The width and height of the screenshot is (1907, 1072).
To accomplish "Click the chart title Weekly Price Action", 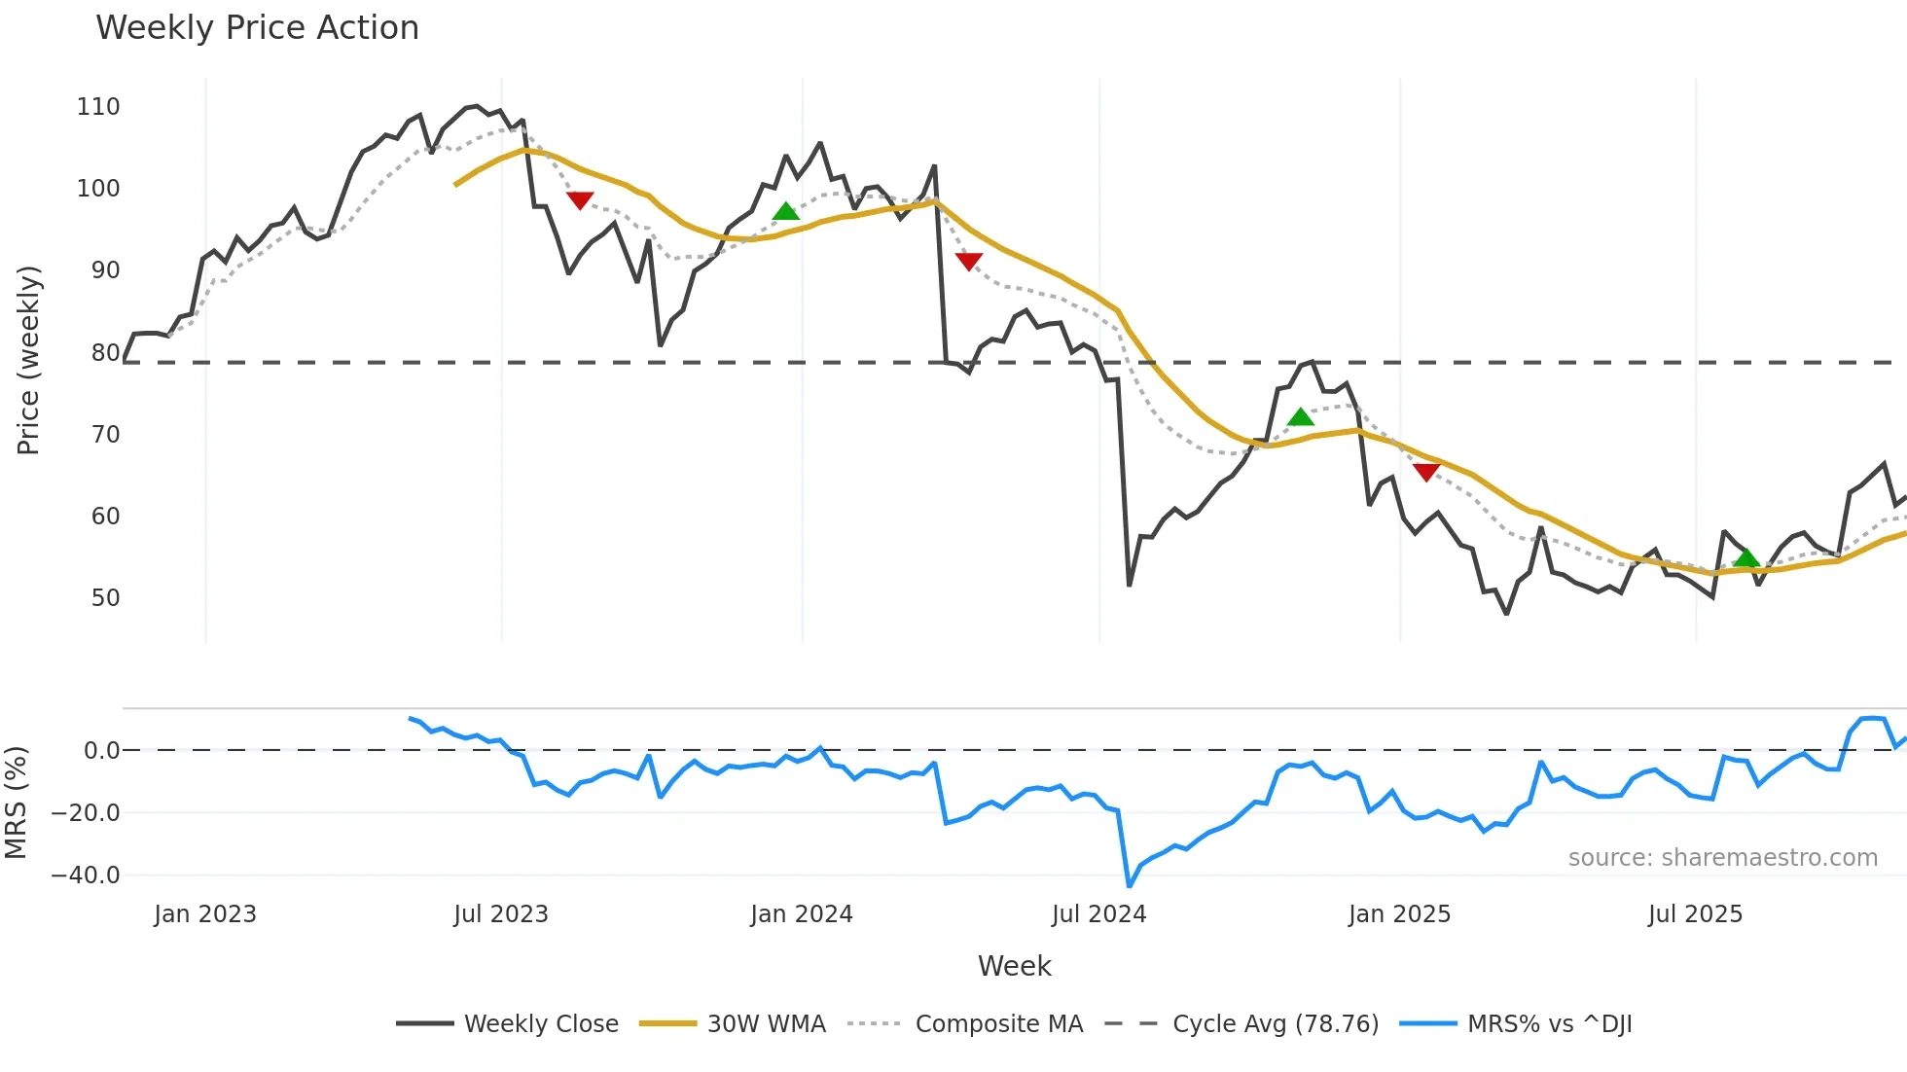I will pos(257,28).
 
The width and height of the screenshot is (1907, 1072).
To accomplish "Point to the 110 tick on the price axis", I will pos(98,107).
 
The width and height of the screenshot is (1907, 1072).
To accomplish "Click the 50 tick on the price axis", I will pos(105,598).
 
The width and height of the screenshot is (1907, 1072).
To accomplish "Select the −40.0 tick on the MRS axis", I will pos(86,875).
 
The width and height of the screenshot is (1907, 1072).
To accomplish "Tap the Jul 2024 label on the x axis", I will pos(1098,914).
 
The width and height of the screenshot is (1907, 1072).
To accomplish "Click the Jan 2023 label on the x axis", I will pos(205,914).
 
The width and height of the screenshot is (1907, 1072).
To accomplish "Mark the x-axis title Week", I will pos(1014,966).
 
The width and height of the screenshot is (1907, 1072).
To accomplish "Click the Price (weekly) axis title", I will pos(28,360).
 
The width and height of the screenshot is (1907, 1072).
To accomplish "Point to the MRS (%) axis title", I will pos(16,803).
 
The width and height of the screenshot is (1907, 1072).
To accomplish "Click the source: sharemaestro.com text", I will pos(1722,858).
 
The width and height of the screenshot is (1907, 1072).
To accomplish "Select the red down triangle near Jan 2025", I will pos(1425,473).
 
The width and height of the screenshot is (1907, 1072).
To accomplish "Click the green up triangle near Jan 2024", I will pos(785,211).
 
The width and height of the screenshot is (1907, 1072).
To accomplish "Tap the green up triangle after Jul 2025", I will pos(1746,557).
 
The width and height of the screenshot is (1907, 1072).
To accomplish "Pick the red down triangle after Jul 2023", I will pos(580,200).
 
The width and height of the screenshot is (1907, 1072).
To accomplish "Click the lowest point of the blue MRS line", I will pos(1129,886).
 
